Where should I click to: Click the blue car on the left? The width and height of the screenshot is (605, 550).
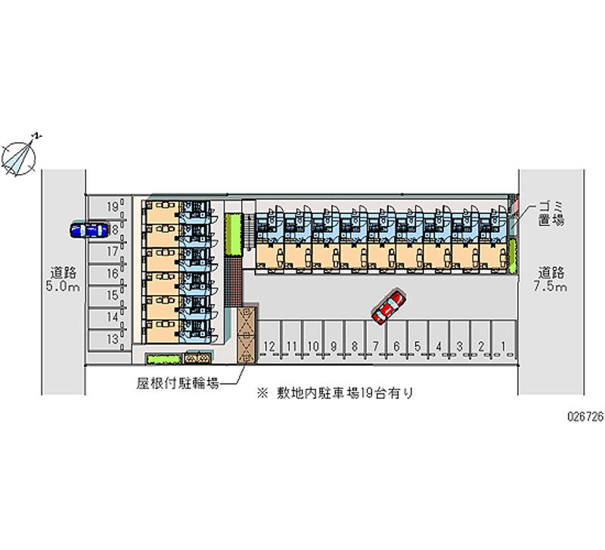tap(87, 229)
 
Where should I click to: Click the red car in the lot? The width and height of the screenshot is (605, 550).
tap(388, 306)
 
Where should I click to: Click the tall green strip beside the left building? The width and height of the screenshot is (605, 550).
tap(233, 235)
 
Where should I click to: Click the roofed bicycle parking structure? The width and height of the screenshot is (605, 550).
tap(246, 335)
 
